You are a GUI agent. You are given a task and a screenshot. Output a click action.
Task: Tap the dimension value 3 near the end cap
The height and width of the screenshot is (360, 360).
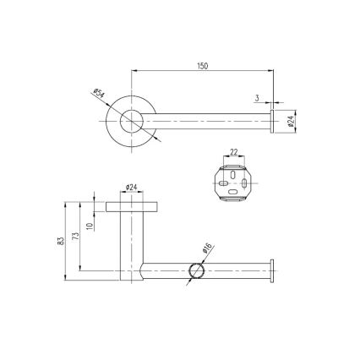point(256,98)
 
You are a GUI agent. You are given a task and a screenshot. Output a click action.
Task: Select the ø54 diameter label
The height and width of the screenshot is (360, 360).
point(97,95)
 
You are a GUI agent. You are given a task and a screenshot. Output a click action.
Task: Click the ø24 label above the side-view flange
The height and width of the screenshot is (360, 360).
point(133,187)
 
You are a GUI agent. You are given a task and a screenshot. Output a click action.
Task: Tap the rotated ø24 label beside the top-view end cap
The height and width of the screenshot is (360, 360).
point(291,122)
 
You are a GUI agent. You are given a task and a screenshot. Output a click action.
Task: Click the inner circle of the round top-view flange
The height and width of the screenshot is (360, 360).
point(132,122)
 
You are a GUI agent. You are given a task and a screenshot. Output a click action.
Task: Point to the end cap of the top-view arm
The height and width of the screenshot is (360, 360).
point(272,122)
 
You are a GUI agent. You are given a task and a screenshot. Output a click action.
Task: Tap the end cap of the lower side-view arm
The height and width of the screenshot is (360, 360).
point(272,271)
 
